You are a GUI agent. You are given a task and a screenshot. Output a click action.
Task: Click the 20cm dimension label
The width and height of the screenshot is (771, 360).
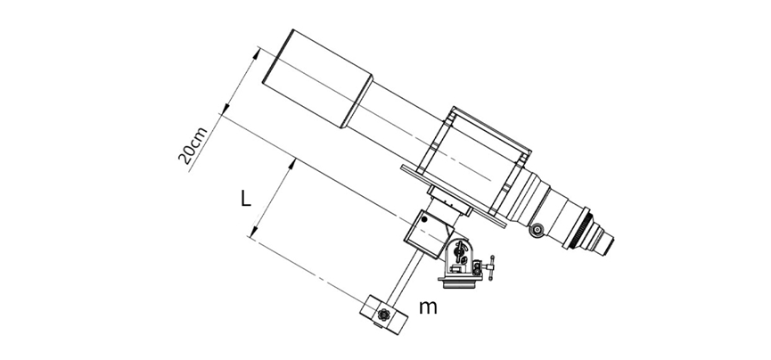pyautogui.click(x=193, y=145)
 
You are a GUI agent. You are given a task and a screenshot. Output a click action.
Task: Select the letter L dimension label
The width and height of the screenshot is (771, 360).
pyautogui.click(x=246, y=199)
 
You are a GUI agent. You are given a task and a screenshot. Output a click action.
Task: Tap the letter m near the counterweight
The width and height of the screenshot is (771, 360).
pyautogui.click(x=428, y=307)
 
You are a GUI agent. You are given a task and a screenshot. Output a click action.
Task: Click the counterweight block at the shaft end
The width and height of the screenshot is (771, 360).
pyautogui.click(x=384, y=315)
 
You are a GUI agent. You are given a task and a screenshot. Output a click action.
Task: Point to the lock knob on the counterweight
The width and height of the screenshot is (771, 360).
pyautogui.click(x=383, y=315)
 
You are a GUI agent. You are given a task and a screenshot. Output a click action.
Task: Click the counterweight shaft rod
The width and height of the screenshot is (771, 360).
pyautogui.click(x=406, y=277)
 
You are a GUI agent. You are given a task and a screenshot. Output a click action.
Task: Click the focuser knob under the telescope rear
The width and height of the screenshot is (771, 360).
pyautogui.click(x=537, y=230)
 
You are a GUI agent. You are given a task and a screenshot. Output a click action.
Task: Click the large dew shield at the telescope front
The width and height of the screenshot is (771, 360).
pyautogui.click(x=317, y=78)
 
